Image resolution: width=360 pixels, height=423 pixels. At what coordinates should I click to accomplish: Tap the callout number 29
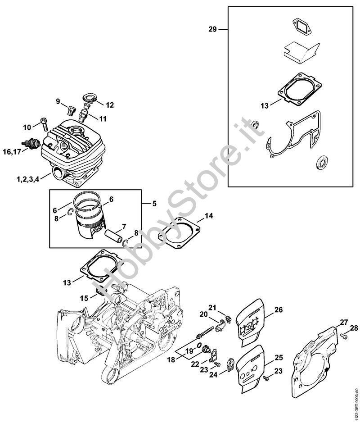point(212,29)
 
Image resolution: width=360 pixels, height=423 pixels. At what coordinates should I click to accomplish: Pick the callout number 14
point(208,216)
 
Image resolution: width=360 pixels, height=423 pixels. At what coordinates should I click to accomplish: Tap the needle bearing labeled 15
point(101,291)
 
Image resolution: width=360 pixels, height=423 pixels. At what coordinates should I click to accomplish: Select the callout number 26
point(279,309)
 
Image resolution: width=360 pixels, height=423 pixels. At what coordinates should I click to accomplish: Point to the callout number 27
point(344,322)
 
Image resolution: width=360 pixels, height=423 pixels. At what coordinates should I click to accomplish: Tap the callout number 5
point(154,203)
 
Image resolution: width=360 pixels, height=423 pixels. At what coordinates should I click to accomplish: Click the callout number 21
point(212,307)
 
